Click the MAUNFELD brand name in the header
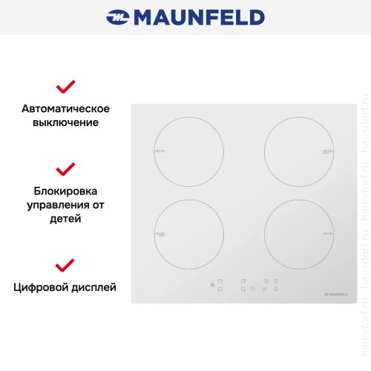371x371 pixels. coord(197,16)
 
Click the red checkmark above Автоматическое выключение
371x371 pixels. coord(65,86)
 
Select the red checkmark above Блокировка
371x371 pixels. coord(65,168)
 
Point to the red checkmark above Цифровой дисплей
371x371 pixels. coord(65,264)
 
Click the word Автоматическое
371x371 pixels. coord(65,108)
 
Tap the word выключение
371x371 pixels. coord(65,122)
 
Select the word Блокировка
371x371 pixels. coord(65,189)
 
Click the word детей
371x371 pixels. coord(65,219)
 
